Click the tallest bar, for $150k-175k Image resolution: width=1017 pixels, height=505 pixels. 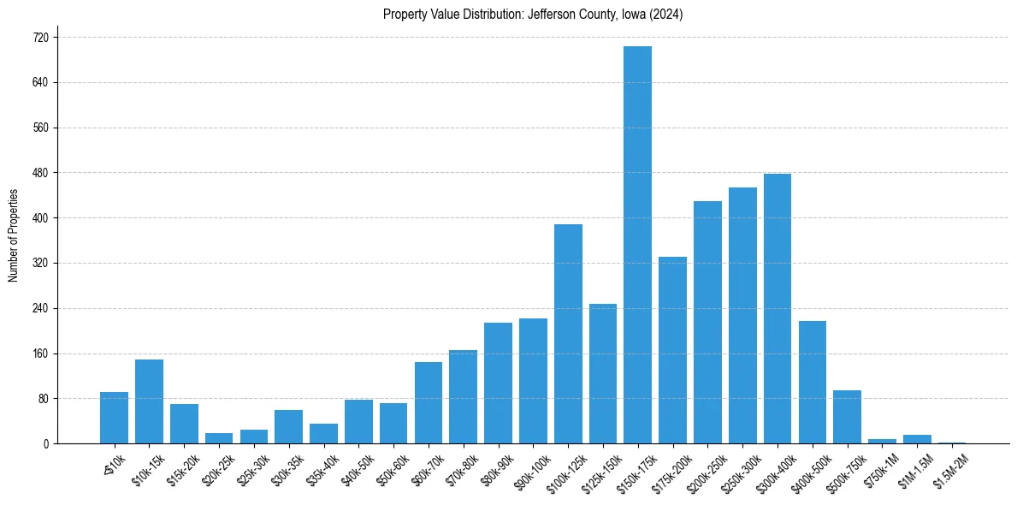tap(637, 245)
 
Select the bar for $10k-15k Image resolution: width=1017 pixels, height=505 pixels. tap(149, 401)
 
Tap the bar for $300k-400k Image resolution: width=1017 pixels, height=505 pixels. tap(778, 308)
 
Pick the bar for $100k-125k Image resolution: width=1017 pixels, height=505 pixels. tap(568, 334)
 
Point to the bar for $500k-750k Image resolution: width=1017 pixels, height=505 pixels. tap(847, 417)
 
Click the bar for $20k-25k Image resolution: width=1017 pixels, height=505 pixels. tap(219, 438)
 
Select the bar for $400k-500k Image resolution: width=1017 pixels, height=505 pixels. tap(813, 382)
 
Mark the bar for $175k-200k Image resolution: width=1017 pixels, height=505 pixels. tap(672, 350)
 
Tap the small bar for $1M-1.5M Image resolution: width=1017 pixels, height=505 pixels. tap(917, 439)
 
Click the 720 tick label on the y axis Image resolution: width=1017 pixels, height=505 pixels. tap(41, 38)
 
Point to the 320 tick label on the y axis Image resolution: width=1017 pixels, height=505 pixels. tap(41, 263)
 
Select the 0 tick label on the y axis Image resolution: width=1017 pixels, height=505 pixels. tap(46, 443)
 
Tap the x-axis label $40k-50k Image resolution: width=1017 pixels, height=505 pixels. tap(355, 468)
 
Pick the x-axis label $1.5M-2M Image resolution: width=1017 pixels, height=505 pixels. tap(949, 469)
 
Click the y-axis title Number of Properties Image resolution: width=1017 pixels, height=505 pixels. tap(13, 235)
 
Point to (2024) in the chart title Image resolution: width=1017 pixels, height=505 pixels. tap(665, 15)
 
